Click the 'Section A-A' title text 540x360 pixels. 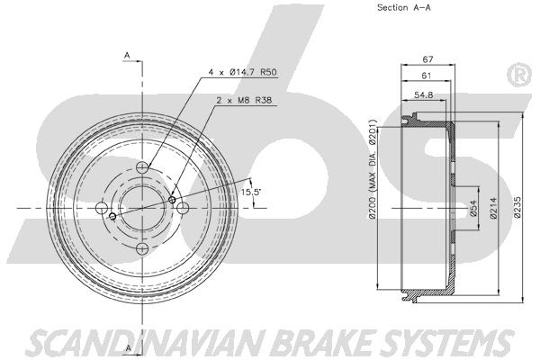point(403,7)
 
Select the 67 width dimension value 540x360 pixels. point(427,59)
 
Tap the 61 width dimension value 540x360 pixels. point(427,76)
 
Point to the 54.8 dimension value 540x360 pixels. point(424,95)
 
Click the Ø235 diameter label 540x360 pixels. point(517,207)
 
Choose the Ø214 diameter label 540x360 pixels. point(493,208)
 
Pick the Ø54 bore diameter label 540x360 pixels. point(473,209)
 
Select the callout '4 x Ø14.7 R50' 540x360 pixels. point(242,72)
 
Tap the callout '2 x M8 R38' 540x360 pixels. point(244,100)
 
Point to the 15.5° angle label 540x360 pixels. point(251,192)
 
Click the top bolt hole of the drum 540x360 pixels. point(142,167)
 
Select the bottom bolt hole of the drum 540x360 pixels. point(142,248)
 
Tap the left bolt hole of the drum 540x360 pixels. point(102,208)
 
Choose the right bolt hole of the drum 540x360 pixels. point(183,208)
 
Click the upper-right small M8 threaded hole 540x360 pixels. point(172,200)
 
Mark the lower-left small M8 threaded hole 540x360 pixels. point(112,216)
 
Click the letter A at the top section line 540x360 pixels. point(127,55)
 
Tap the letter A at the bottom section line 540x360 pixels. point(128,348)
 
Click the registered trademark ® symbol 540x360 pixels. point(519,75)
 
